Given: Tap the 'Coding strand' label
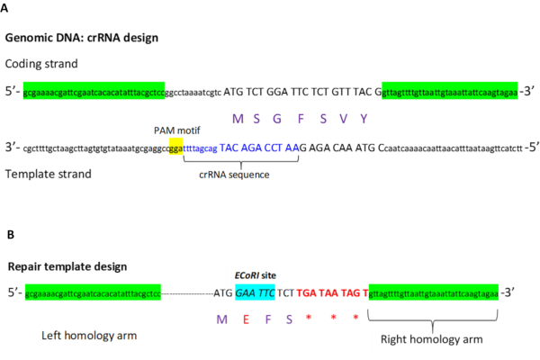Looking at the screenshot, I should click(42, 63).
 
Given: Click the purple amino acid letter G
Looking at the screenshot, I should click(287, 118).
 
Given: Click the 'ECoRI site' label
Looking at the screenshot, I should click(254, 275).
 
